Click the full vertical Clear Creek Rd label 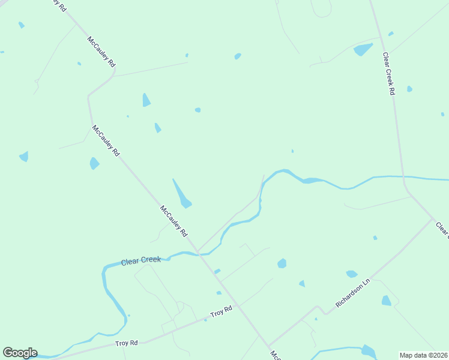pyautogui.click(x=389, y=73)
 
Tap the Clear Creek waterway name pyautogui.click(x=141, y=261)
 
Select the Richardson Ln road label pyautogui.click(x=354, y=293)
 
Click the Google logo pyautogui.click(x=20, y=353)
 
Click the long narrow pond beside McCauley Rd pyautogui.click(x=181, y=194)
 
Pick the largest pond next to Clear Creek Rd pyautogui.click(x=363, y=49)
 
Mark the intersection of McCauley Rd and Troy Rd pyautogui.click(x=238, y=305)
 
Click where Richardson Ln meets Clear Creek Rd pyautogui.click(x=433, y=220)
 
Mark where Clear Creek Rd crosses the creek pyautogui.click(x=403, y=178)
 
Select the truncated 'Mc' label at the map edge pyautogui.click(x=274, y=355)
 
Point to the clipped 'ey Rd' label pyautogui.click(x=59, y=4)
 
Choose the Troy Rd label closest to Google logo pyautogui.click(x=127, y=343)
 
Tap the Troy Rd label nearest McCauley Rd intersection pyautogui.click(x=221, y=313)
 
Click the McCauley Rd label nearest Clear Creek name pyautogui.click(x=174, y=220)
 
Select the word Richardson pyautogui.click(x=350, y=296)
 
